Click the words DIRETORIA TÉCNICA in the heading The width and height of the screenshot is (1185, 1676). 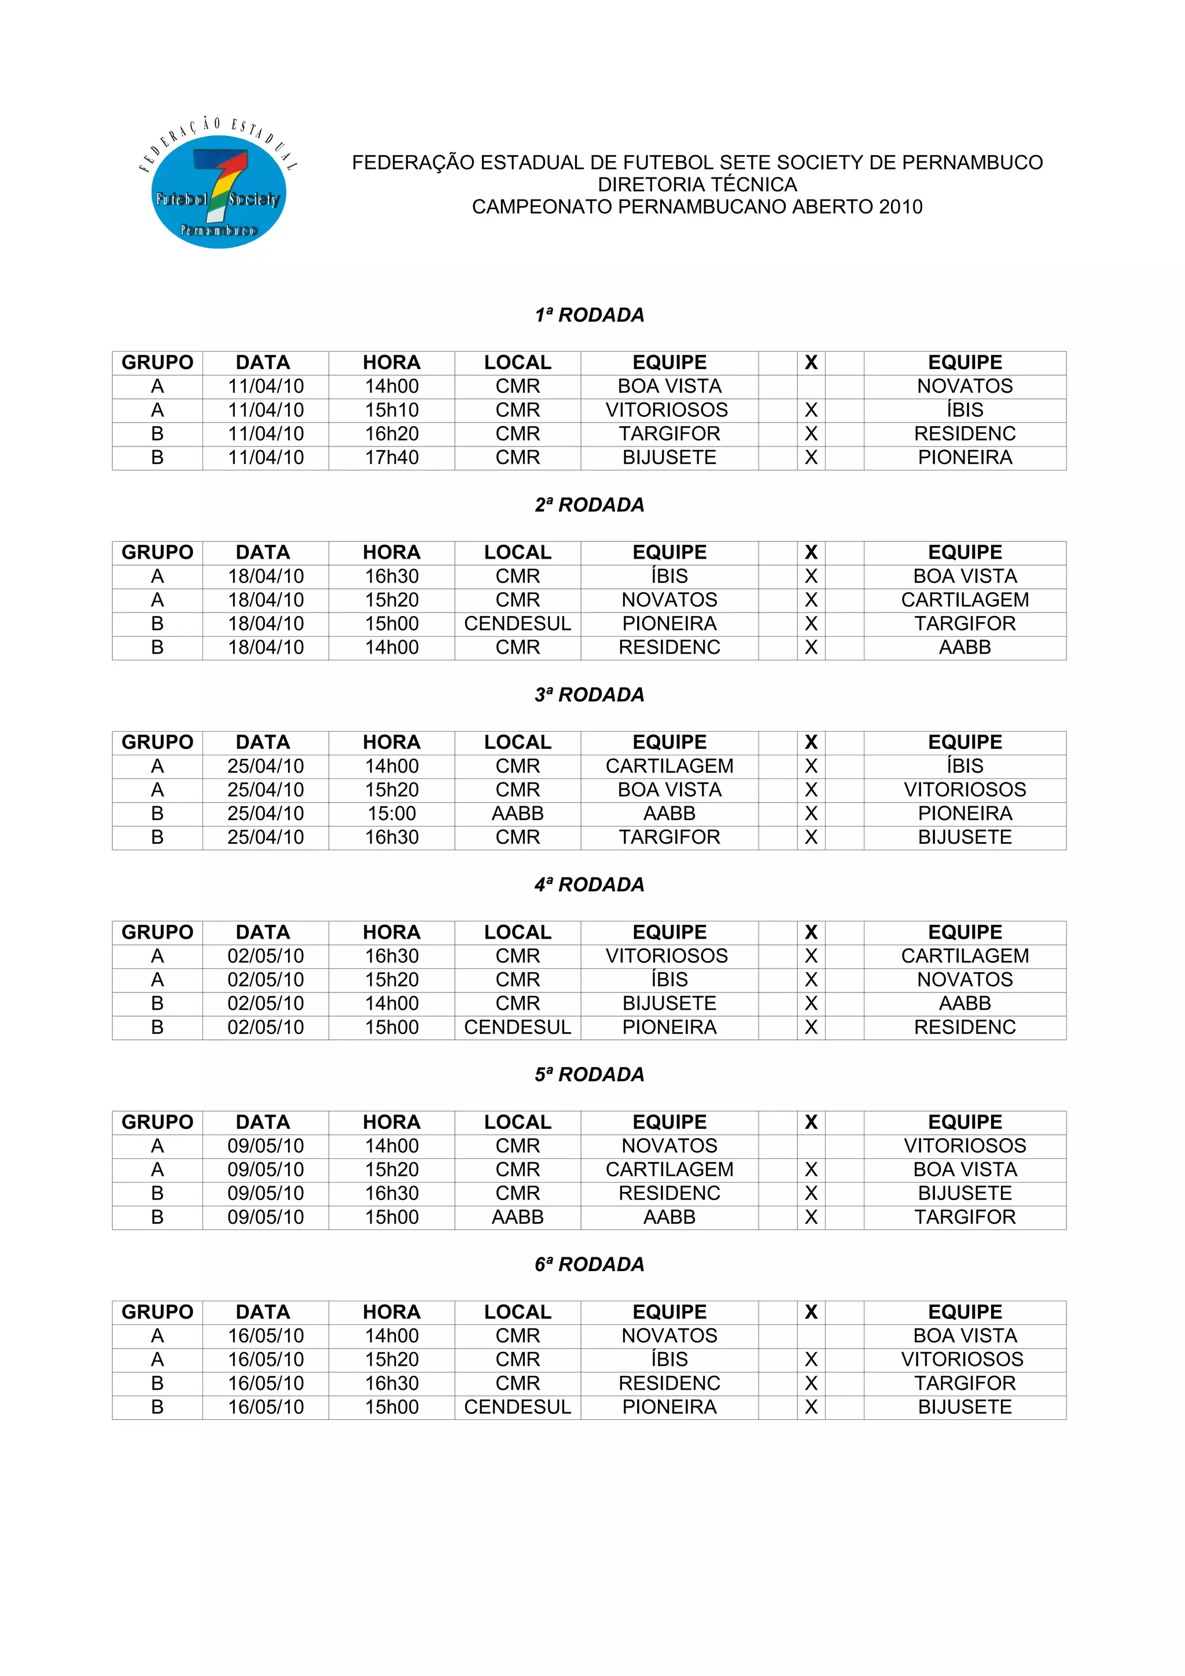coord(697,184)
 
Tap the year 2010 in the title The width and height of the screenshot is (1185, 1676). coord(900,207)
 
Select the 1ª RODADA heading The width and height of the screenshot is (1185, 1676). coord(589,315)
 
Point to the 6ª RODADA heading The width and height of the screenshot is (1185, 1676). coord(589,1264)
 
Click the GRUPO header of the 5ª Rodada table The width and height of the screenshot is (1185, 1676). coord(157,1122)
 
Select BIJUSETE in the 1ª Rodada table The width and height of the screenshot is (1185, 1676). coord(669,457)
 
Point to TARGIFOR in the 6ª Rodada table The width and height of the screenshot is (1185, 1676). coord(965,1383)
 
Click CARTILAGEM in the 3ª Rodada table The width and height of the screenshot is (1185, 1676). coord(669,766)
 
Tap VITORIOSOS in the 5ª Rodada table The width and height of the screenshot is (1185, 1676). coord(965,1146)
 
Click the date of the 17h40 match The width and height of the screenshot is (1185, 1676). coord(265,457)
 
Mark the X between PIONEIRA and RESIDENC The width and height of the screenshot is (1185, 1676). coord(811,1027)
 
